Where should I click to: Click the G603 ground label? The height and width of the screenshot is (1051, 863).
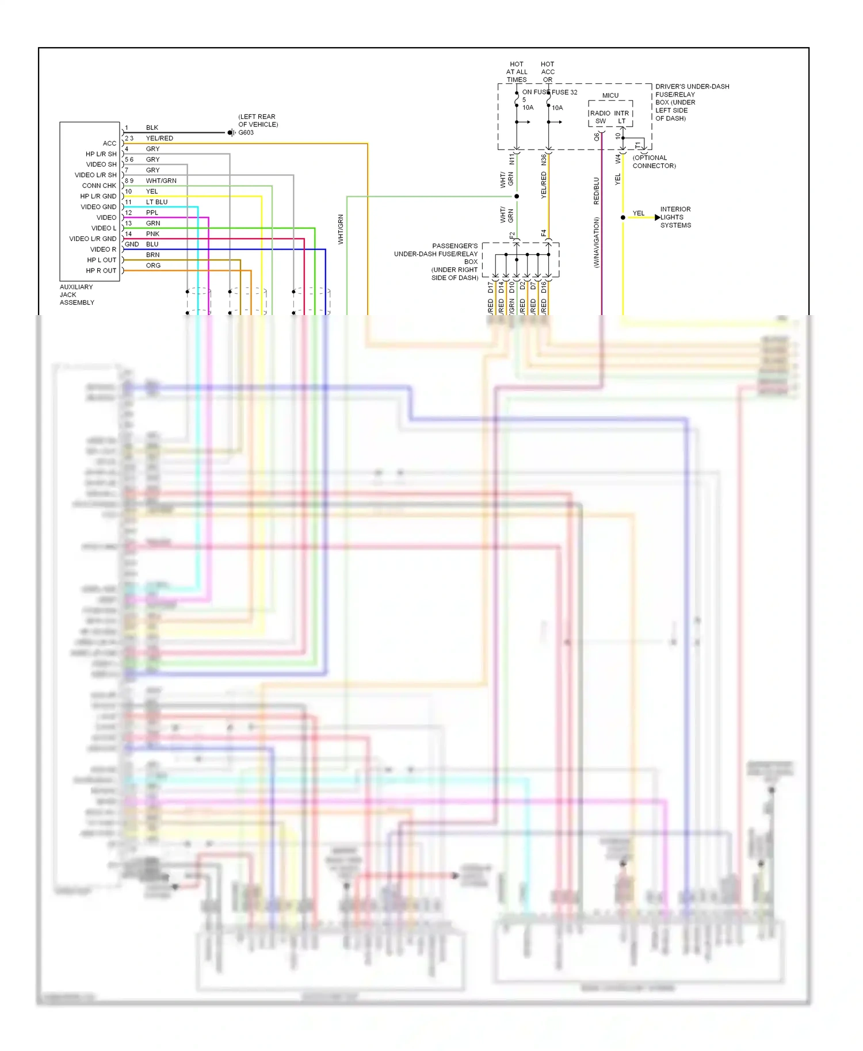point(246,133)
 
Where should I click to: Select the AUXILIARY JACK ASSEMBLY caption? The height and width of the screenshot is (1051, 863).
point(77,295)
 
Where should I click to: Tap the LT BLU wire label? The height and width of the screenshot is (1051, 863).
point(156,202)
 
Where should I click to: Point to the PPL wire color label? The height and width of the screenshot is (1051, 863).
point(152,213)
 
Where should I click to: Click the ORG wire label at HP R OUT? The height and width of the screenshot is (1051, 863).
point(153,266)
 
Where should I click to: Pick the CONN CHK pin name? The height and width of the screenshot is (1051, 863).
point(99,186)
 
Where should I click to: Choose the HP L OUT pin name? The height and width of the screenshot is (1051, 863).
point(101,260)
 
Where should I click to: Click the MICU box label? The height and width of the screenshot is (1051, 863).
point(610,95)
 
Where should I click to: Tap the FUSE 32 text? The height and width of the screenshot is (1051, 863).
point(564,92)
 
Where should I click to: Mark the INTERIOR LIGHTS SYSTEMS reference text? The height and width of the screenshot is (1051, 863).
point(675,217)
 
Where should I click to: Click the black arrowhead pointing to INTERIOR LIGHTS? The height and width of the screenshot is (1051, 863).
point(658,217)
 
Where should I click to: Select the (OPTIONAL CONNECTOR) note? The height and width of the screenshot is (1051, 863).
point(654,162)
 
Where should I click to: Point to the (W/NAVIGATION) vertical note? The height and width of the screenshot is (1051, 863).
point(597,242)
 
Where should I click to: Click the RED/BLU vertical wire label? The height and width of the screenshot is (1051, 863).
point(597,191)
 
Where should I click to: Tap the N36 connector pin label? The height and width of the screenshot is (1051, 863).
point(544,160)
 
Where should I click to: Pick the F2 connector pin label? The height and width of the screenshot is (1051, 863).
point(512,235)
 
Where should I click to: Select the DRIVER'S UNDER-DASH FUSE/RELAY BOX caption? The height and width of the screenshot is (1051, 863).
point(692,102)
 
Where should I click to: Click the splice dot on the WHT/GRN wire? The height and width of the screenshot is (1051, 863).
point(517,197)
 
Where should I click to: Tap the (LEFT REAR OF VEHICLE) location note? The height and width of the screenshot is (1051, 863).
point(258,121)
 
